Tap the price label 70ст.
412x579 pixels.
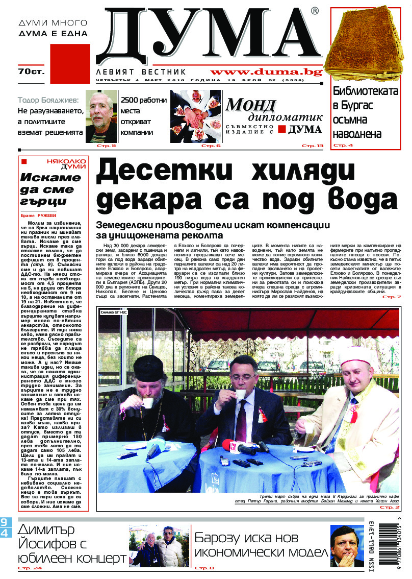click(31, 71)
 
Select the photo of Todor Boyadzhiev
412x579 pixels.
click(101, 116)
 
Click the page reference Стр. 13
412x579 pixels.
click(313, 146)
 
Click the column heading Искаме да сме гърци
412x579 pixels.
click(50, 189)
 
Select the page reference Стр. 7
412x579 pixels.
click(392, 297)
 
